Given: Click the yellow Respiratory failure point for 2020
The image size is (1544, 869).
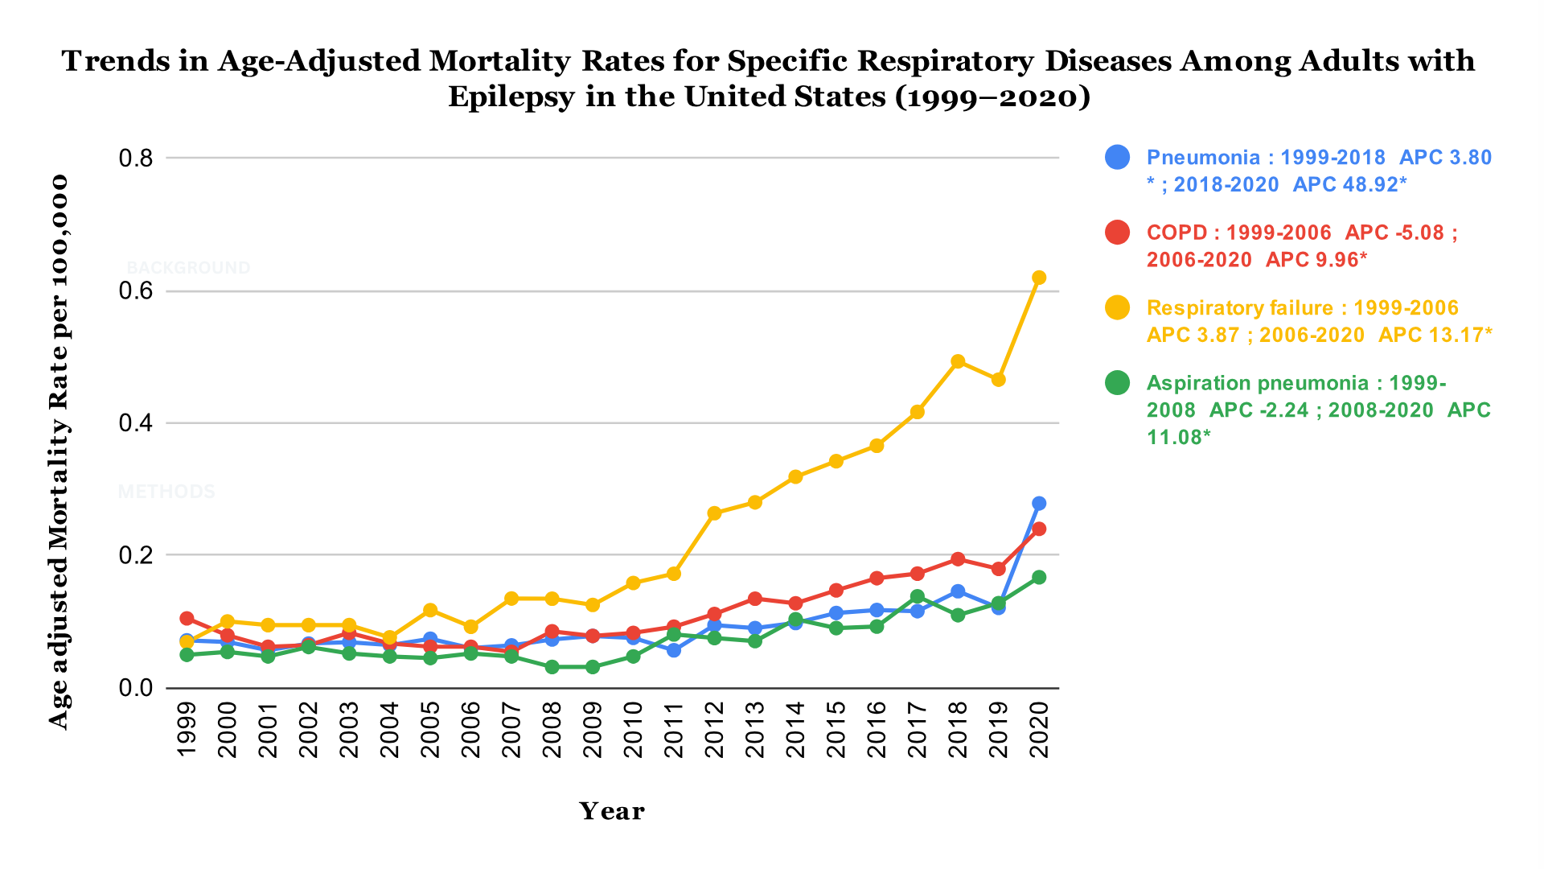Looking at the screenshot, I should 1038,278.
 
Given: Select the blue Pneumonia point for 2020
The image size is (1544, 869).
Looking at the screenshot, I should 1038,504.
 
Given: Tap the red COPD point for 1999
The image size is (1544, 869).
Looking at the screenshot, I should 187,619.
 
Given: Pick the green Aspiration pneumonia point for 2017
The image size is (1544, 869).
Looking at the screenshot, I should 917,597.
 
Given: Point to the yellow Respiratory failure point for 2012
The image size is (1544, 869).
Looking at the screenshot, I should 714,513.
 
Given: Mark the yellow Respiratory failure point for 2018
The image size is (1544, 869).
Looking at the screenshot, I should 957,362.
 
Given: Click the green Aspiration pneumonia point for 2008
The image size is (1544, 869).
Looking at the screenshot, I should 552,667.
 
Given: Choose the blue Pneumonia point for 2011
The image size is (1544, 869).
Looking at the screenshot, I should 674,650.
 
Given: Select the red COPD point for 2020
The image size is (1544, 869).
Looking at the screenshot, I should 1038,529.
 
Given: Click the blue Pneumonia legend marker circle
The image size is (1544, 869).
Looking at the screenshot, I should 1118,157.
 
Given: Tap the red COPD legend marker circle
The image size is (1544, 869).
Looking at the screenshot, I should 1118,233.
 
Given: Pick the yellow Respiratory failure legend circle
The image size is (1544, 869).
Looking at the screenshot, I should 1118,307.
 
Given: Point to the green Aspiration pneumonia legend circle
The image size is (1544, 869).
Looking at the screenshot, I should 1118,383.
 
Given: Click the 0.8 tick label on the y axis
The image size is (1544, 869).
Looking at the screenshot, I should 136,159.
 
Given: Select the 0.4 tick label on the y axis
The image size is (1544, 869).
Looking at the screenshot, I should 136,423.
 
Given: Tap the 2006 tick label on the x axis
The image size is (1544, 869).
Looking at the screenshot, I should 470,730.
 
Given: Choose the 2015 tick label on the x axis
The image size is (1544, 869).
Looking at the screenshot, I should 836,730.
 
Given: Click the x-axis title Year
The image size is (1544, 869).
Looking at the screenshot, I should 611,811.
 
